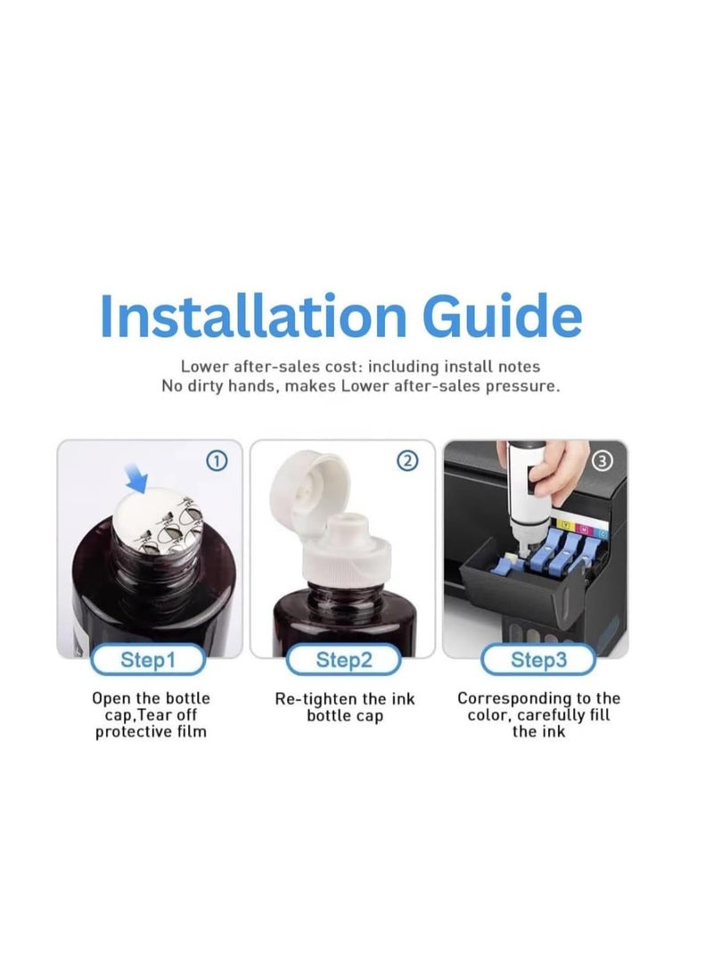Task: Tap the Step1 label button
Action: pos(148,661)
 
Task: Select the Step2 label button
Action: pos(343,661)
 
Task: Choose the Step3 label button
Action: pos(537,661)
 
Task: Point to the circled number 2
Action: pos(407,461)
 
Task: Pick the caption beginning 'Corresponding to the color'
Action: pos(537,715)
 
